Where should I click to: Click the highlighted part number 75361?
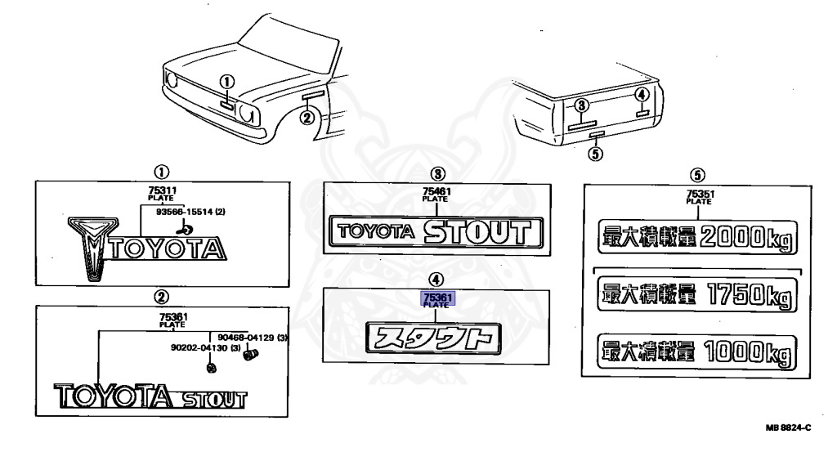(436, 298)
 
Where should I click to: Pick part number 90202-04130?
(199, 347)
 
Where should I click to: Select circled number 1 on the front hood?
(227, 82)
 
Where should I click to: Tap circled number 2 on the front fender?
(307, 117)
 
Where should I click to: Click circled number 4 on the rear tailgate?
(642, 95)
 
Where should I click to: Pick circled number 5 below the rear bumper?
(596, 151)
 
